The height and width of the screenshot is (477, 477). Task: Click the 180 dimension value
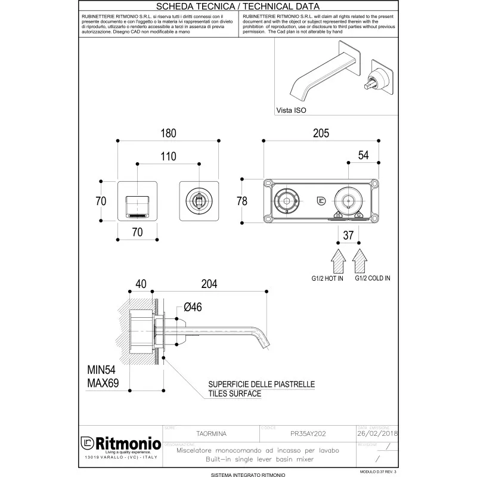[169, 134]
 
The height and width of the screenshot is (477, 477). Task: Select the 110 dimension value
[169, 156]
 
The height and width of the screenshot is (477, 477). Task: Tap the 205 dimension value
[321, 134]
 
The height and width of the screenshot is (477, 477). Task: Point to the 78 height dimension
[242, 201]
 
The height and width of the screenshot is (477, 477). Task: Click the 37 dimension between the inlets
[349, 236]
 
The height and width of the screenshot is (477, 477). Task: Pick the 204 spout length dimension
[209, 285]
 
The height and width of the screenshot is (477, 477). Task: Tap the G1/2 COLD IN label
[373, 278]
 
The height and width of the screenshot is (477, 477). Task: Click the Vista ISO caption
[292, 110]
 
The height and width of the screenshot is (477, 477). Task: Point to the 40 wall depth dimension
[141, 285]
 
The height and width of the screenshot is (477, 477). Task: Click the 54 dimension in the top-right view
[363, 155]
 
